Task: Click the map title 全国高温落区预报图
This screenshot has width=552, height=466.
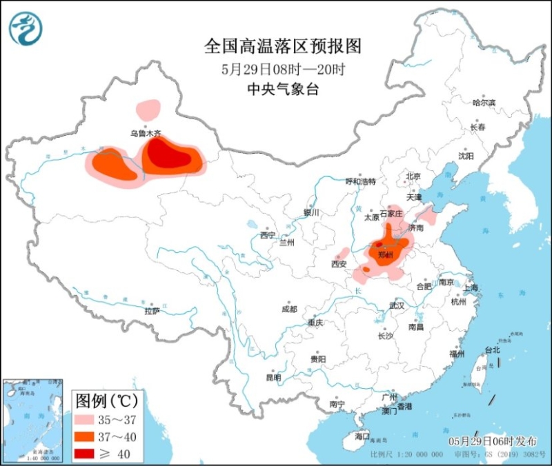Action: coord(283,46)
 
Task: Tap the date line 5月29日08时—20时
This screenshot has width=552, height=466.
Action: coord(283,69)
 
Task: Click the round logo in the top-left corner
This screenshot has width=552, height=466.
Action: coord(26,28)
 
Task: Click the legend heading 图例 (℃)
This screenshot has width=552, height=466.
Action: coord(107,401)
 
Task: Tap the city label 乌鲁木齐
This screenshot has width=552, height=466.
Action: coord(145,133)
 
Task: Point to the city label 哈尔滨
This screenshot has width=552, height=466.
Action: coord(484,103)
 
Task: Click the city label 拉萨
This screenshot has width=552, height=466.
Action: coord(152,311)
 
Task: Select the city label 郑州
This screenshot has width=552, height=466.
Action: coord(385,256)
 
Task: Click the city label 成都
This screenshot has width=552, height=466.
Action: coord(289,309)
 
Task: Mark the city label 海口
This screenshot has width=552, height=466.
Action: coord(362,436)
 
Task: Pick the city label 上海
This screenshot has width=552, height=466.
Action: coord(471,287)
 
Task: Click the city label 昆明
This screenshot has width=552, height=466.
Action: coord(273,378)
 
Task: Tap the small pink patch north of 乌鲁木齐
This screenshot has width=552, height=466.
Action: coord(148,109)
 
